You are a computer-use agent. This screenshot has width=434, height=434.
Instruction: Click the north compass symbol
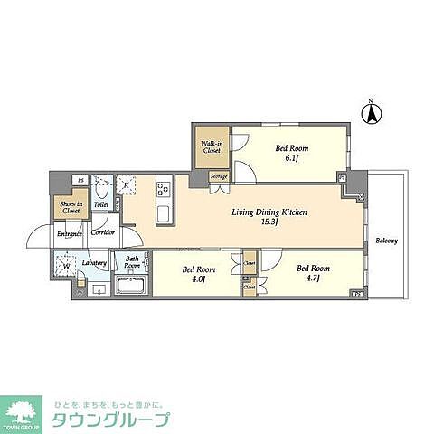coord(369,114)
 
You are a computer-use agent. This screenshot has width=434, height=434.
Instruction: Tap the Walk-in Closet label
coord(212,147)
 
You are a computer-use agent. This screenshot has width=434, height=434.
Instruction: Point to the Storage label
coord(218,177)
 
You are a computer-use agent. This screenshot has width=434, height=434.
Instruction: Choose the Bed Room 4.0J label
coord(196,272)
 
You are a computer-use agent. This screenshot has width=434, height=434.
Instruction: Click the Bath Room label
coord(133,264)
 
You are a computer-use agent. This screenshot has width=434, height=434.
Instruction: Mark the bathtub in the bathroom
coord(132,288)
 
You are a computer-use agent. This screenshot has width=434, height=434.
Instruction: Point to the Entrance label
coord(70,233)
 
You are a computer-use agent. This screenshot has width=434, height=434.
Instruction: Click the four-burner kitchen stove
coord(164,190)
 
